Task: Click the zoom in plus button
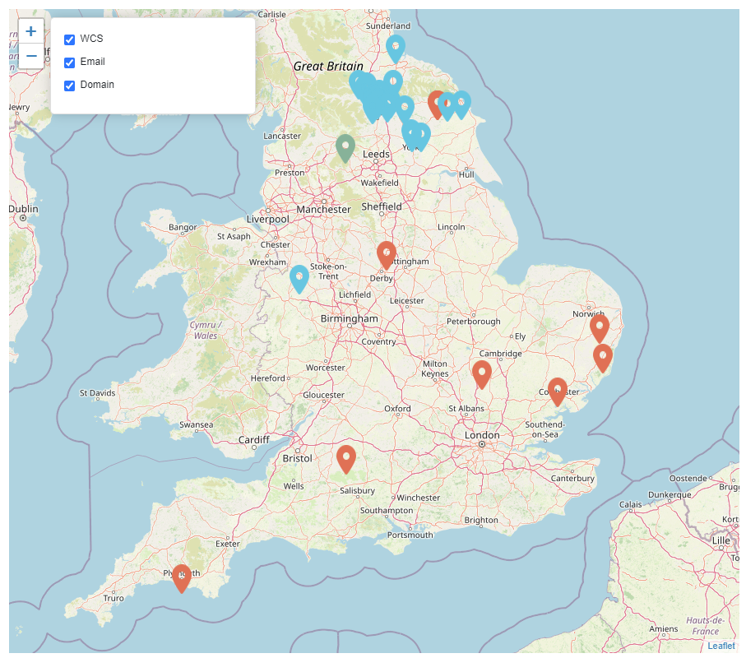[30, 32]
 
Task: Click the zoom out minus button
[30, 56]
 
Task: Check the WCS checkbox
[70, 39]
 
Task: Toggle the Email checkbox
[70, 63]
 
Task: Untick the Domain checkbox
[70, 86]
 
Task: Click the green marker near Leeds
[345, 147]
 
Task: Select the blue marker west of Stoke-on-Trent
[299, 278]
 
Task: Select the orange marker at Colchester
[558, 391]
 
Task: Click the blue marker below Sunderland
[396, 48]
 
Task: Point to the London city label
[482, 435]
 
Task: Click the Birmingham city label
[350, 318]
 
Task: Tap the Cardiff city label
[253, 440]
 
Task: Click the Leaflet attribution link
[721, 646]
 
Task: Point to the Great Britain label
[328, 66]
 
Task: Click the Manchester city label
[323, 209]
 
